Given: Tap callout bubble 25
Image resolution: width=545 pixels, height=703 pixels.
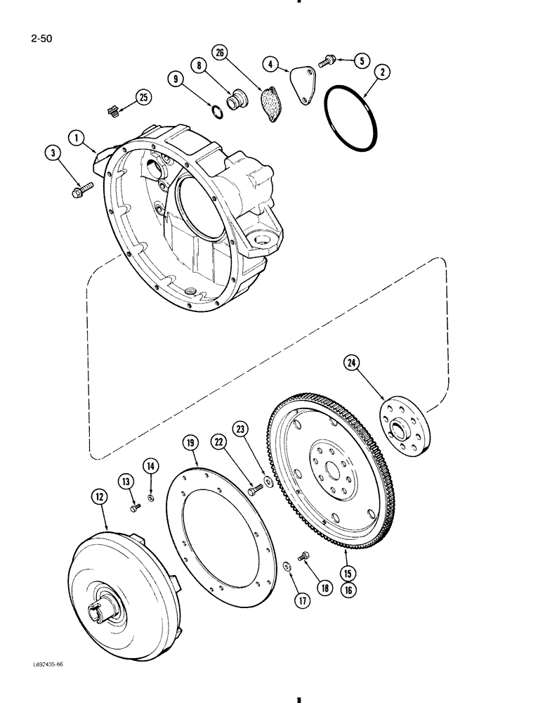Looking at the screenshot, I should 144,98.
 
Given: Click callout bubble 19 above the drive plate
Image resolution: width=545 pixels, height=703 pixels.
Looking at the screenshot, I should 190,443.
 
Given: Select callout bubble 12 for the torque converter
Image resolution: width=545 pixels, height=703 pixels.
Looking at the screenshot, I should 99,497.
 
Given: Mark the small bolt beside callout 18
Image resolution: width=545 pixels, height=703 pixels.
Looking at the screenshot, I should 304,557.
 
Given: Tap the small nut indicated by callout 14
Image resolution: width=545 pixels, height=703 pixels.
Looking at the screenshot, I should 150,499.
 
